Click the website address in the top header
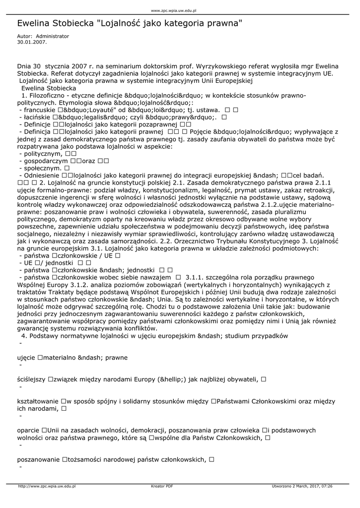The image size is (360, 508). (173, 10)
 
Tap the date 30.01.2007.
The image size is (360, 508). (32, 42)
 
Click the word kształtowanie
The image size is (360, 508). (38, 401)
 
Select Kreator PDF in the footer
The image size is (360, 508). (162, 487)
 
